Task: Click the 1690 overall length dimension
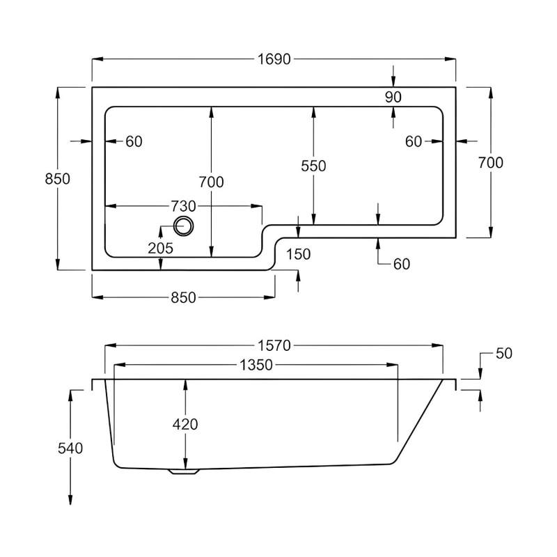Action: tap(274, 59)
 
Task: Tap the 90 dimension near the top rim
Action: tap(393, 97)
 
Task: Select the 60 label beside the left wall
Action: tap(134, 141)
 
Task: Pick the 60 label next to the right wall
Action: tap(414, 141)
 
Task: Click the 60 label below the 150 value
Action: tap(401, 264)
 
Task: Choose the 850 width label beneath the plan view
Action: tap(182, 297)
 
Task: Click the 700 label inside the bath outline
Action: tap(211, 182)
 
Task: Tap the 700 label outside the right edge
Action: tap(491, 162)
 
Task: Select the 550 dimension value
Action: tap(313, 166)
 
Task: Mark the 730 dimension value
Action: tap(182, 206)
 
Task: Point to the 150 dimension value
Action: tap(298, 254)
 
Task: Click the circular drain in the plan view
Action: tap(184, 226)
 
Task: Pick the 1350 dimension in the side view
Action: tap(255, 365)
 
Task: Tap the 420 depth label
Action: tap(185, 424)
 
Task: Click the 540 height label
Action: tap(70, 448)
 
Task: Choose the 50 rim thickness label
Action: tap(503, 354)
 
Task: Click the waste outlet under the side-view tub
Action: tap(184, 471)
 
